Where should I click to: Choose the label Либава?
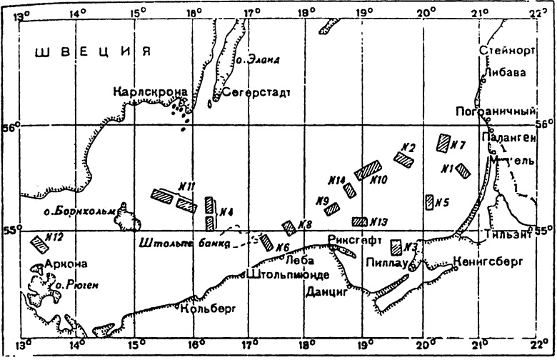[x=503, y=72]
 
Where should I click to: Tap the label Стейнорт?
[x=508, y=49]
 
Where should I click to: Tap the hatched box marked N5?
[x=430, y=202]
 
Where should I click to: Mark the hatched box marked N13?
[x=360, y=221]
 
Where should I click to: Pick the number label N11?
[x=188, y=186]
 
